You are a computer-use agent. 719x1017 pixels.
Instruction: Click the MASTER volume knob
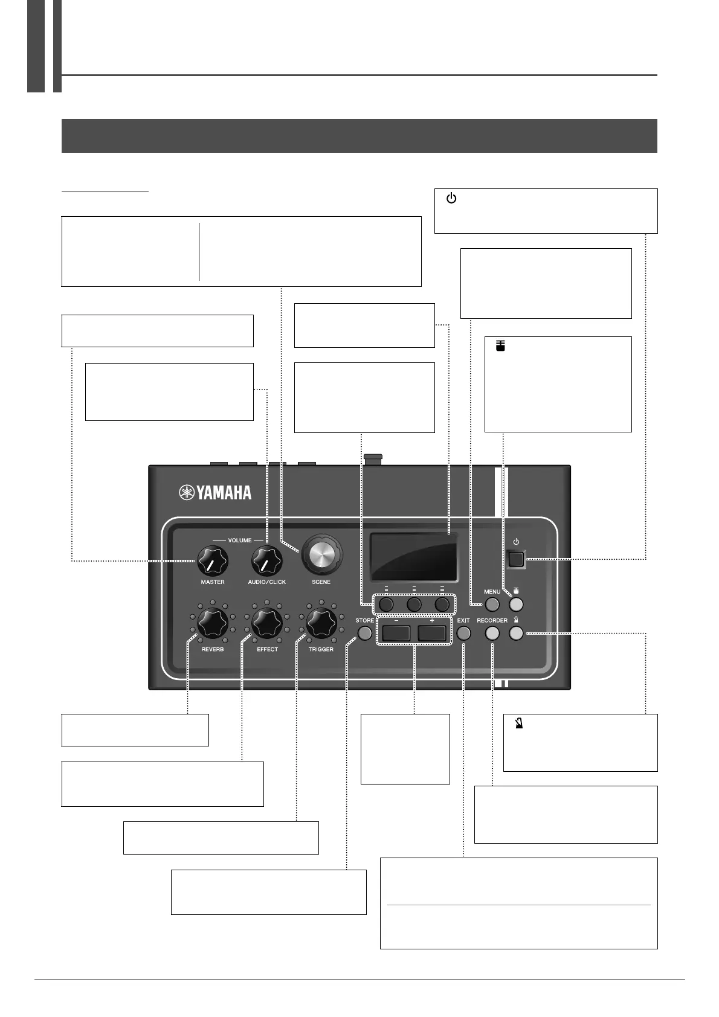[x=212, y=561]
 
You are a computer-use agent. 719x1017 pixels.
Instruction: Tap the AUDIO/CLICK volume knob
[x=266, y=561]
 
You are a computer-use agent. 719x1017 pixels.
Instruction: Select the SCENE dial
[x=321, y=553]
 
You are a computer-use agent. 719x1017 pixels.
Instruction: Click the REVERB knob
[x=212, y=623]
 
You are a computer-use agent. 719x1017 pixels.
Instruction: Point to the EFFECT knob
[x=266, y=623]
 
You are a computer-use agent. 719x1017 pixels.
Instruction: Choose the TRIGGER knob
[x=321, y=623]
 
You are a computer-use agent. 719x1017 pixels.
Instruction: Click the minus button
[x=396, y=633]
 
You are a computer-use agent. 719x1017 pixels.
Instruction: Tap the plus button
[x=431, y=633]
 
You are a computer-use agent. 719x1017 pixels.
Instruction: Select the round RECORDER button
[x=492, y=633]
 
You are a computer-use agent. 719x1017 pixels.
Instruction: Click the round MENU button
[x=492, y=604]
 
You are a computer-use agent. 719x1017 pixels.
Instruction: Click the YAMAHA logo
[x=215, y=492]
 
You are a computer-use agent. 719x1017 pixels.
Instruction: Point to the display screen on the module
[x=414, y=557]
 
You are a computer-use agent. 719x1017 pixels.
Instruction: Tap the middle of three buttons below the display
[x=414, y=604]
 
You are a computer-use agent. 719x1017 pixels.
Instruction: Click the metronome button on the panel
[x=516, y=633]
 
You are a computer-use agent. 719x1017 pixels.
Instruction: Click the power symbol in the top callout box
[x=451, y=199]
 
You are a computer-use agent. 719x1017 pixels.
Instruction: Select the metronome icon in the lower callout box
[x=518, y=722]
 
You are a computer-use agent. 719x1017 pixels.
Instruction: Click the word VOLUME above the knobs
[x=240, y=540]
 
